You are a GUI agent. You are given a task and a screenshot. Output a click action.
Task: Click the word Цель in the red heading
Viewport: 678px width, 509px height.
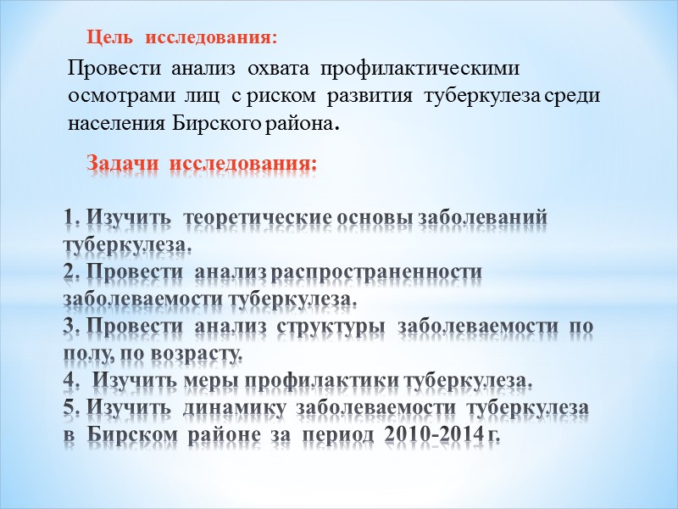tap(112, 38)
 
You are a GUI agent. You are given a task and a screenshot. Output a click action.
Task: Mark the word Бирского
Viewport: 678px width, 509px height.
tap(216, 123)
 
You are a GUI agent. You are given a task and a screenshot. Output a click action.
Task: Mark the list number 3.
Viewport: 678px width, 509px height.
tap(70, 327)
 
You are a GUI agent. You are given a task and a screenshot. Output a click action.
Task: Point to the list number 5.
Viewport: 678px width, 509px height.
tap(70, 409)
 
